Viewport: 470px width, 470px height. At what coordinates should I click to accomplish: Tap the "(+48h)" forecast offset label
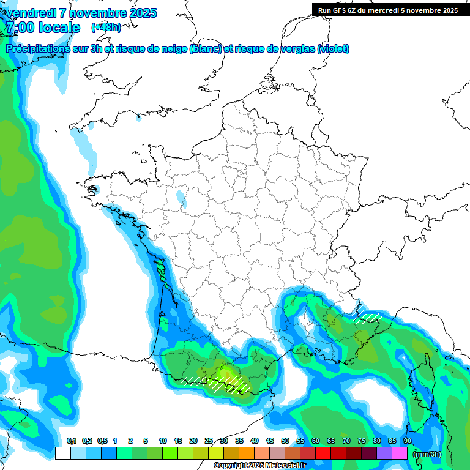106,27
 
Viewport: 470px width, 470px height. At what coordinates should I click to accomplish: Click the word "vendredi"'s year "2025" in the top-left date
142,13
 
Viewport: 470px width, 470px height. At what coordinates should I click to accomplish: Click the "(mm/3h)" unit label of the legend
427,453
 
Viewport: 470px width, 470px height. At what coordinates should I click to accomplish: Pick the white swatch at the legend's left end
62,453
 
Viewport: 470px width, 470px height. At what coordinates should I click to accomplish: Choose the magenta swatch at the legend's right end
400,453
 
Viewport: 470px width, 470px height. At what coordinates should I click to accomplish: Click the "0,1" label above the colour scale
71,441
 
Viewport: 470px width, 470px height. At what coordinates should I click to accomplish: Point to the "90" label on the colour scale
408,441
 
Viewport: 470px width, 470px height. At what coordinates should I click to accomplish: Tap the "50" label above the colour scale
285,441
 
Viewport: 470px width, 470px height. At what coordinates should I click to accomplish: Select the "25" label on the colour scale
209,441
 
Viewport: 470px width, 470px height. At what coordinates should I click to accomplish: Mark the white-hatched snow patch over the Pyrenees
229,383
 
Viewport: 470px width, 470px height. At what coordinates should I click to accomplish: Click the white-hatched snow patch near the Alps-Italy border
367,316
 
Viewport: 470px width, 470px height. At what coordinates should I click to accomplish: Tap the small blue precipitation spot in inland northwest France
181,198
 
